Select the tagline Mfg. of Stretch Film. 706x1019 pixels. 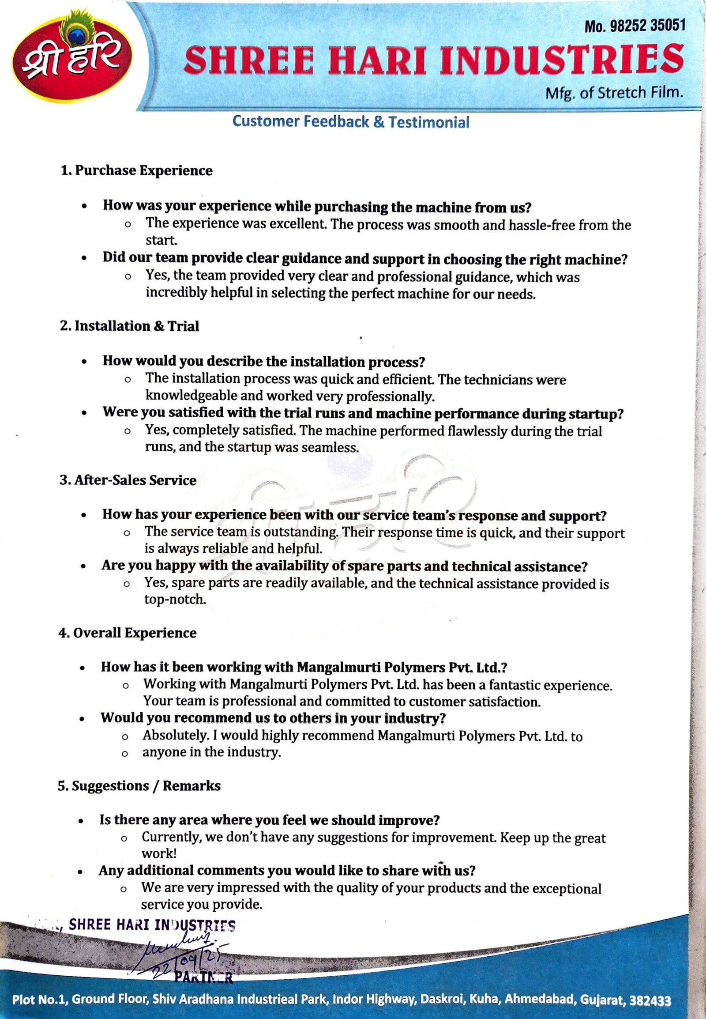click(615, 93)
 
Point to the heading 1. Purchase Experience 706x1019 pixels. click(136, 170)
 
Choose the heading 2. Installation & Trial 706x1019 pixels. click(130, 326)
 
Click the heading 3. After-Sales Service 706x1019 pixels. click(128, 480)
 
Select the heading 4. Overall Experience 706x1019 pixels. click(128, 633)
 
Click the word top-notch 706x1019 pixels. click(175, 600)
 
